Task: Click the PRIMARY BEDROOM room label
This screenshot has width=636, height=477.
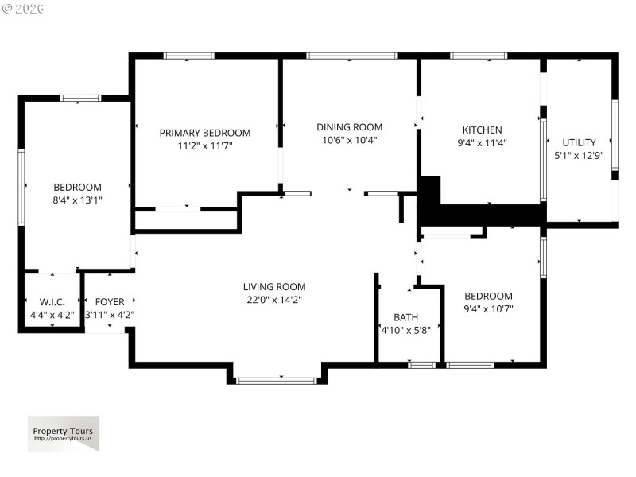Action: pyautogui.click(x=205, y=133)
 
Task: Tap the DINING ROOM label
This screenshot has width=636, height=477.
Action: pyautogui.click(x=350, y=127)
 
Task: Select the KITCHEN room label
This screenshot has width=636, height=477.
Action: pyautogui.click(x=483, y=130)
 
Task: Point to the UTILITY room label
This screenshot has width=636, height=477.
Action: pyautogui.click(x=579, y=143)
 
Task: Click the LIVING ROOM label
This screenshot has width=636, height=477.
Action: pyautogui.click(x=274, y=287)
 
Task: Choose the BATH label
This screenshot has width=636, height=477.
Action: pyautogui.click(x=406, y=316)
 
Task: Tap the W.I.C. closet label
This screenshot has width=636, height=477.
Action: pyautogui.click(x=52, y=302)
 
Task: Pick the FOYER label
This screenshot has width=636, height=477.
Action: pyautogui.click(x=110, y=302)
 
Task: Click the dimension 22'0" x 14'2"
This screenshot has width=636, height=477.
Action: pyautogui.click(x=274, y=300)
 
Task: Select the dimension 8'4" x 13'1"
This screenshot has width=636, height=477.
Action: pyautogui.click(x=78, y=200)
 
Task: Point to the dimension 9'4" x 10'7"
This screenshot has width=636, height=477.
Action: pyautogui.click(x=489, y=308)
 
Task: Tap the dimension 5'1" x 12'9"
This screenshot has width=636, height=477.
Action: pyautogui.click(x=579, y=156)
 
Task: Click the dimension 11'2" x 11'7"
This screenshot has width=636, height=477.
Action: pyautogui.click(x=205, y=145)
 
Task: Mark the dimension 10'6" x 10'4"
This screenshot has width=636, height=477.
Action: pyautogui.click(x=350, y=140)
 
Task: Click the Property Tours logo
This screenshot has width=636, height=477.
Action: pyautogui.click(x=64, y=434)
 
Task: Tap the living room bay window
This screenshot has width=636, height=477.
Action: pyautogui.click(x=277, y=381)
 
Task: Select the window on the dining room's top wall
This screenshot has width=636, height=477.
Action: pyautogui.click(x=351, y=56)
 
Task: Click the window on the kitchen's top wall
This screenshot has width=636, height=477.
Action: pyautogui.click(x=479, y=56)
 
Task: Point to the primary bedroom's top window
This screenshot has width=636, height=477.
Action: pyautogui.click(x=189, y=56)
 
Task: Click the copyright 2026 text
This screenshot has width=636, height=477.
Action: pyautogui.click(x=24, y=9)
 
